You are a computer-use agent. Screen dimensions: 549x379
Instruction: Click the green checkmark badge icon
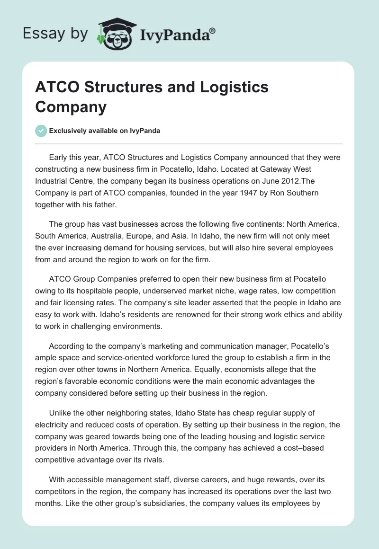pyautogui.click(x=41, y=131)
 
